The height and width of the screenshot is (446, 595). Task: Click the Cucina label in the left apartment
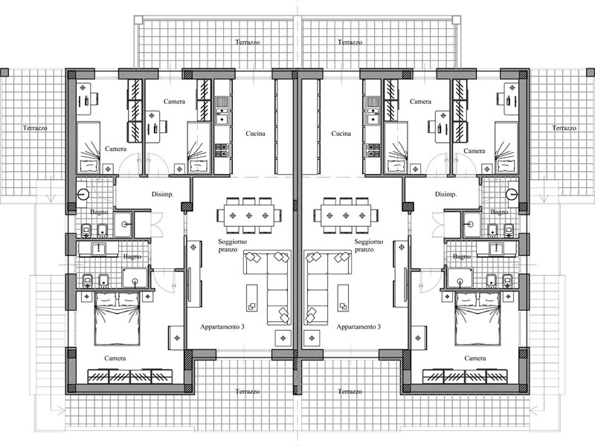pos(255,134)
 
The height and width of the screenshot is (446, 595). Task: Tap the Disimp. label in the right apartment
pos(446,194)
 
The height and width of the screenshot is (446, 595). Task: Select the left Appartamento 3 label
pos(222,326)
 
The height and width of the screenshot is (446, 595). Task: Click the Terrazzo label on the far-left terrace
pos(35,128)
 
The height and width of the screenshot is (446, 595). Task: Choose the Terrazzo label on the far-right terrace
pos(564,128)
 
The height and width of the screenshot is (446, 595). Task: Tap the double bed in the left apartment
pos(117,319)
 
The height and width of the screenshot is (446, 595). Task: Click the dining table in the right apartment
pos(346,215)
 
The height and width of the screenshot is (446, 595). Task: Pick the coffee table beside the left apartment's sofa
pos(252,298)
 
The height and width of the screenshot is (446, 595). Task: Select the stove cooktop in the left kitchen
pos(221,150)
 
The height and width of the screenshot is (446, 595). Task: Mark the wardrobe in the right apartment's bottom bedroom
pos(465,376)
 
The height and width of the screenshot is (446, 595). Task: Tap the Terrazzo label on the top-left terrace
pos(248,42)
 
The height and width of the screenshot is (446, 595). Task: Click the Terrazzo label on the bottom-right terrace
pos(350,392)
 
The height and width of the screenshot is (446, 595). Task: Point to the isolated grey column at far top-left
pos(4,72)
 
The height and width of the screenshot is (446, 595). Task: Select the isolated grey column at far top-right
pos(591,72)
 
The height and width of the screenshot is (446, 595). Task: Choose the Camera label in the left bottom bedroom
pos(115,358)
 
